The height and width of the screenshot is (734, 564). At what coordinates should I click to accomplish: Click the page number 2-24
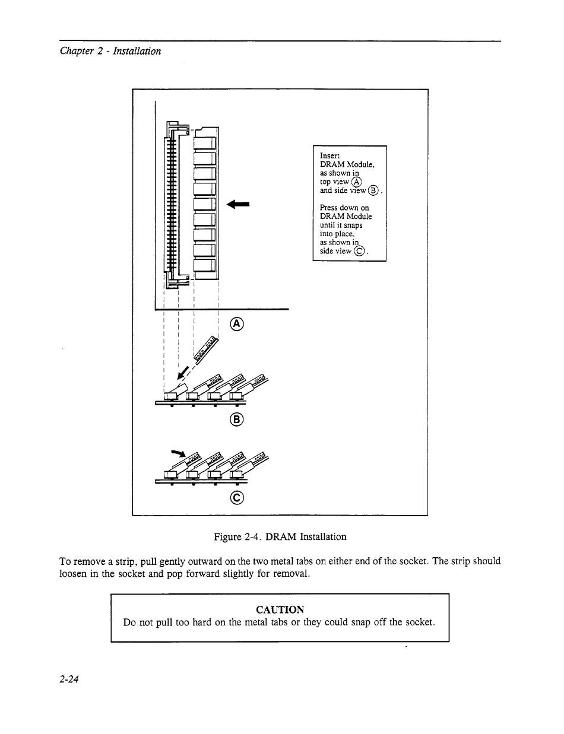[x=69, y=680]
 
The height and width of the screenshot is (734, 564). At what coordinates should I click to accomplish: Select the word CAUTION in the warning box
[x=280, y=609]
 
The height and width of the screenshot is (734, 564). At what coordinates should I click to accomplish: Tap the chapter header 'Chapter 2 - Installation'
[x=110, y=51]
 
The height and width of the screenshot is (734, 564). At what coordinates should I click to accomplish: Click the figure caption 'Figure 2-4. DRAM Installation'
[x=280, y=536]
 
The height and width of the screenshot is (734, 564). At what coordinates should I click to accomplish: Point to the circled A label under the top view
[x=237, y=323]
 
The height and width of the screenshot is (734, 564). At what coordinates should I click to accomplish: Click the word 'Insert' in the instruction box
[x=329, y=155]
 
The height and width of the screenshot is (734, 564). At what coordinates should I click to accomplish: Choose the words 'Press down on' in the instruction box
[x=344, y=208]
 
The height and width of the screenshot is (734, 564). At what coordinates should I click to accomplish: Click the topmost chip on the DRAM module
[x=204, y=143]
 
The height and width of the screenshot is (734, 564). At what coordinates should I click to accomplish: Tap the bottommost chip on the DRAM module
[x=204, y=266]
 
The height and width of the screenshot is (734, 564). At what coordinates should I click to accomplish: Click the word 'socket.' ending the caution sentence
[x=420, y=622]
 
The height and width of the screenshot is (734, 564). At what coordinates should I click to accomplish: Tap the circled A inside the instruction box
[x=356, y=182]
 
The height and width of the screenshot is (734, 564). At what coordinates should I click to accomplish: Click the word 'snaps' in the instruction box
[x=351, y=225]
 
